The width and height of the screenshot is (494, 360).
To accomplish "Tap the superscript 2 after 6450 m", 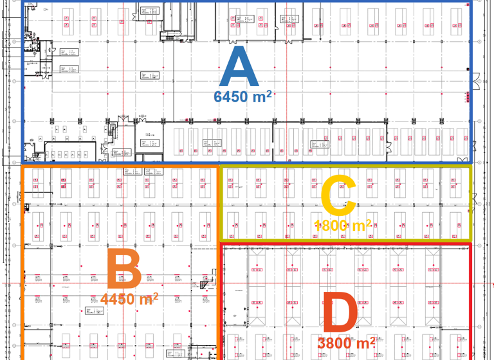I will pos(269,93).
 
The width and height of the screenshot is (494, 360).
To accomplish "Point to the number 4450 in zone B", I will pos(118,300).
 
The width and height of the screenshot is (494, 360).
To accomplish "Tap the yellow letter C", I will pos(338,195).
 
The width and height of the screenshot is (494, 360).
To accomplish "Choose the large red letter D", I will pos(339,314).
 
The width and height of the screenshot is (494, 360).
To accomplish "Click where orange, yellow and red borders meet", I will pos(219,243).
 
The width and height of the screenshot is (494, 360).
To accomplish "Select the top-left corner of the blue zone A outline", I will pos(23,2).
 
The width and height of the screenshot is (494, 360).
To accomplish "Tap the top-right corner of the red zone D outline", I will pos(471,244).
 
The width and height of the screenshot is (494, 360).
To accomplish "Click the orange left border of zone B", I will pos(23,270).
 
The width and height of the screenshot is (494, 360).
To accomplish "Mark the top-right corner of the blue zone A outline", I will pos(471,2).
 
